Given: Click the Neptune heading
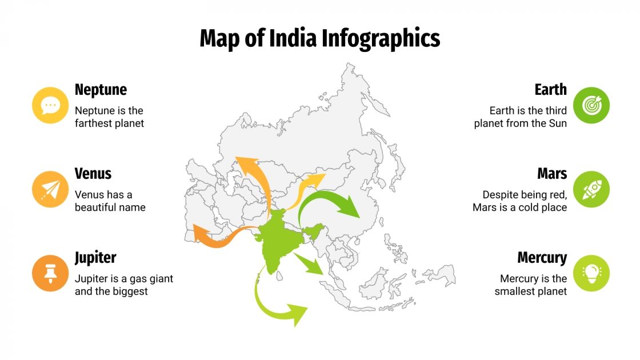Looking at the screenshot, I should pos(101,90).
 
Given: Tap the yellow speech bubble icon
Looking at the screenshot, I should pos(50,105).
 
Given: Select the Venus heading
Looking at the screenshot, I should pos(93,174).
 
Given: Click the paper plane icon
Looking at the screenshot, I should pos(50,189).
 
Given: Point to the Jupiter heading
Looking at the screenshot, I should pos(95,258).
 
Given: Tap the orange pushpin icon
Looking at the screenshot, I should pos(50,273).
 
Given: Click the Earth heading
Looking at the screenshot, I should pos(550,90).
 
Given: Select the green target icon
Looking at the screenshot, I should pos(591,105).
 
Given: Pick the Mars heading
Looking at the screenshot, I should pos(551,174).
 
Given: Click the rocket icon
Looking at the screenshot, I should pos(591,189).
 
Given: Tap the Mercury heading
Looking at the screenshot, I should pos(542,258).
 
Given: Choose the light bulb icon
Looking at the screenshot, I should pos(591,273).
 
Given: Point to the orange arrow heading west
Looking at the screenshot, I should pos(217,237).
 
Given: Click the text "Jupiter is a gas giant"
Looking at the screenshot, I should pos(123,279).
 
